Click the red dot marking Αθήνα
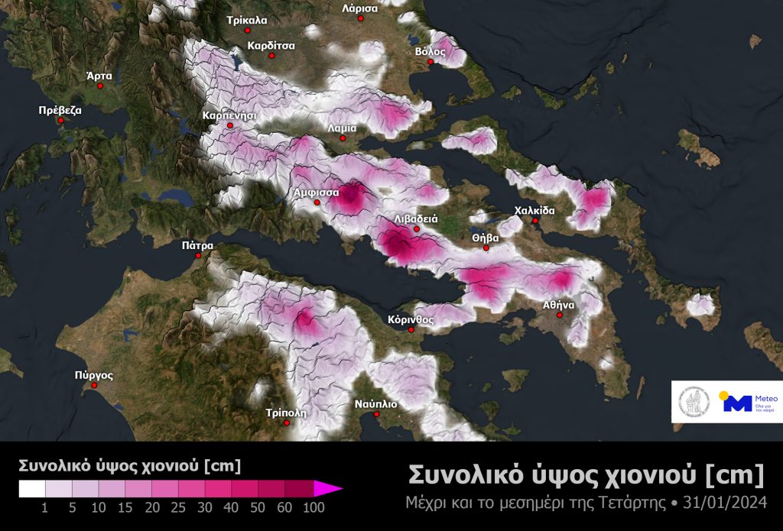tap(559, 315)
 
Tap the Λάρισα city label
tap(359, 8)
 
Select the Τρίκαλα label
tap(247, 20)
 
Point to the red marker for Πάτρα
tap(199, 256)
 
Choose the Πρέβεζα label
tap(60, 110)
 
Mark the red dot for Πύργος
tap(94, 385)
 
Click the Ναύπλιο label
tap(375, 404)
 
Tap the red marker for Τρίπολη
tap(287, 423)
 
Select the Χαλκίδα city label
tap(534, 211)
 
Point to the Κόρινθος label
tap(411, 319)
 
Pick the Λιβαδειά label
tap(415, 219)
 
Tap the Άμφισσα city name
tap(317, 193)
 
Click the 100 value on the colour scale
tap(313, 508)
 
